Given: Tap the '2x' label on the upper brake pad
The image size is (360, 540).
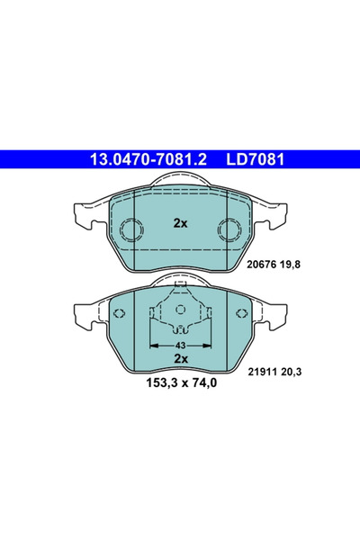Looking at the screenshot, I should pyautogui.click(x=180, y=222).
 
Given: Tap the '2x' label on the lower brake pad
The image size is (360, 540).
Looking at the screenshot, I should pyautogui.click(x=180, y=358).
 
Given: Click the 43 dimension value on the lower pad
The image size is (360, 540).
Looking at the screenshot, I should pyautogui.click(x=180, y=345).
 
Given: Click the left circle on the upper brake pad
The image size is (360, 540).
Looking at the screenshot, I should pyautogui.click(x=132, y=231).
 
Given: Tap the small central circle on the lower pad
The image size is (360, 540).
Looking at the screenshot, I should pyautogui.click(x=180, y=310).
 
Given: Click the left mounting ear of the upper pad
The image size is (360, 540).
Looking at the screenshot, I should pyautogui.click(x=81, y=217).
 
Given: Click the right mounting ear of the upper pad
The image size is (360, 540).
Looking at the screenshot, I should pyautogui.click(x=279, y=217).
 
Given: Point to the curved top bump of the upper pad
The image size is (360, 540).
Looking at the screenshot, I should pyautogui.click(x=180, y=181).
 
